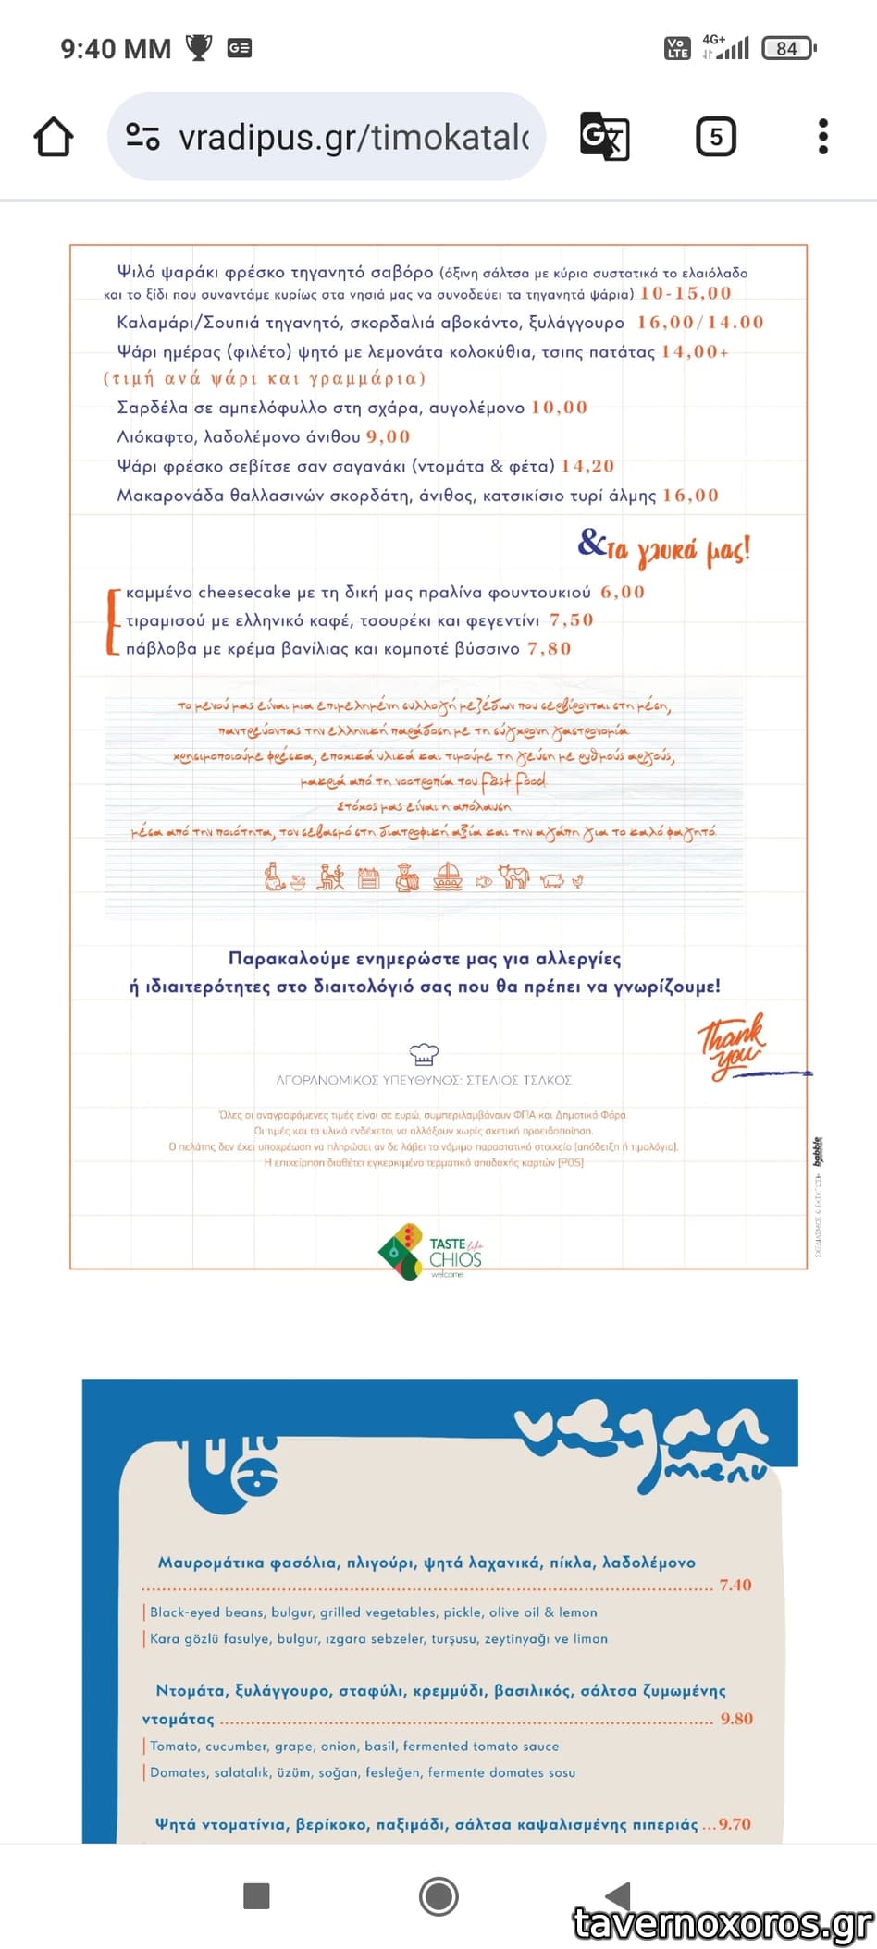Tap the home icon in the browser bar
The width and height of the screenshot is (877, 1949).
pos(54,137)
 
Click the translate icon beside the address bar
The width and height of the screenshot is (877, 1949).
pos(604,137)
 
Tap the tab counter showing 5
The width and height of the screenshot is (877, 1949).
pos(715,137)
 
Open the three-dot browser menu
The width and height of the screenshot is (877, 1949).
pos(822,137)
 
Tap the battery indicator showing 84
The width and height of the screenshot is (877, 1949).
pos(788,48)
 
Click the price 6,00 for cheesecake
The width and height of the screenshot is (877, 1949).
pos(622,592)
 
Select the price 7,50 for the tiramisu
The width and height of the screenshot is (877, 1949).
pos(571,619)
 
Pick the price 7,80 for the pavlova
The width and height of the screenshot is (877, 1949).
pos(549,648)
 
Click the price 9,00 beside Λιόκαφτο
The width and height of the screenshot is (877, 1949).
pos(388,436)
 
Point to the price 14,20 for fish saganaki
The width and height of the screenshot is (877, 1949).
pos(587,466)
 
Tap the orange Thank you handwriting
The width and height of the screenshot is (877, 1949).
pos(732,1046)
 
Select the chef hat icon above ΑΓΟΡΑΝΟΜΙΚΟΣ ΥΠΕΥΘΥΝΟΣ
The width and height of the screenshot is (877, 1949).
pos(423,1053)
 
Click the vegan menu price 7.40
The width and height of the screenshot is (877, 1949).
pos(735,1585)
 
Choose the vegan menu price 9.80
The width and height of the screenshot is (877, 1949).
pos(736,1719)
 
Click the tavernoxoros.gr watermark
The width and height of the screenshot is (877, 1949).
pos(723,1924)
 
